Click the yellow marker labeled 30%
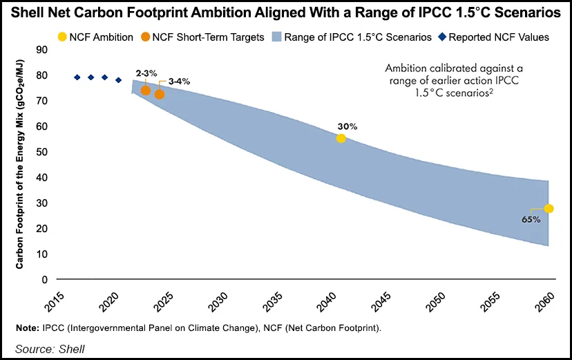(341, 138)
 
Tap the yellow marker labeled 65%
(549, 209)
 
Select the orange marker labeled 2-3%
(146, 91)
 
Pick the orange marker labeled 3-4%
(160, 94)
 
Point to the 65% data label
(531, 219)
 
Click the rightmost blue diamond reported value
(119, 80)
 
